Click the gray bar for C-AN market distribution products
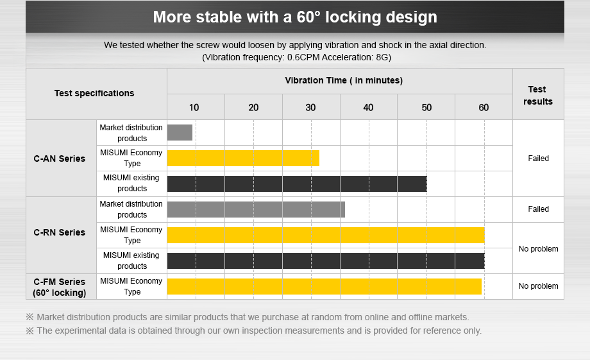click(x=180, y=132)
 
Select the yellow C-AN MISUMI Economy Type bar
click(x=243, y=158)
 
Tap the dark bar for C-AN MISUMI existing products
click(x=297, y=184)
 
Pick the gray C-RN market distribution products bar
click(x=256, y=209)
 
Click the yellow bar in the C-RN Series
click(x=326, y=235)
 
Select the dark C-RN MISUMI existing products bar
click(x=326, y=261)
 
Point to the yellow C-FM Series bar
click(x=324, y=286)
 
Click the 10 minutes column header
click(x=194, y=107)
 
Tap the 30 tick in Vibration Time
click(x=310, y=107)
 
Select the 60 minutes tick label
click(x=484, y=107)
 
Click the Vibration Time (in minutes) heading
click(x=344, y=80)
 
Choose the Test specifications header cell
click(x=94, y=93)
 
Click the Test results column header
click(x=537, y=95)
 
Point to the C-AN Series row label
click(x=59, y=159)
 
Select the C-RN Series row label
click(x=59, y=232)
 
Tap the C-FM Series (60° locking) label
click(x=59, y=287)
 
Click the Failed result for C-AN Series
click(x=538, y=159)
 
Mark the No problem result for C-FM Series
click(x=538, y=286)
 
